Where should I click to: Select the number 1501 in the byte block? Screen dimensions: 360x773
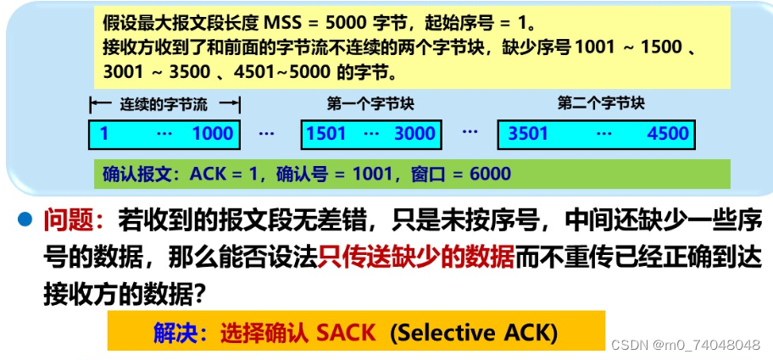[326, 133]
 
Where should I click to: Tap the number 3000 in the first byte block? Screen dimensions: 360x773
[414, 133]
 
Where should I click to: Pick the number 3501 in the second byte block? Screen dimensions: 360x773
[528, 133]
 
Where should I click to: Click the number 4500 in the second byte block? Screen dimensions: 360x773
[667, 133]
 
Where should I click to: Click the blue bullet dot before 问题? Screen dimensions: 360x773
[25, 221]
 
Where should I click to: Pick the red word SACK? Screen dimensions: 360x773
[345, 332]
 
